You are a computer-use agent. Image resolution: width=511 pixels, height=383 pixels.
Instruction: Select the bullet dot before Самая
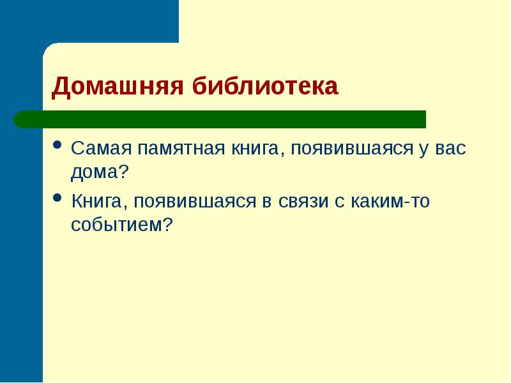(x=57, y=144)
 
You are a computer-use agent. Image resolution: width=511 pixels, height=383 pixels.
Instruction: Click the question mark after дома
(x=124, y=171)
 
